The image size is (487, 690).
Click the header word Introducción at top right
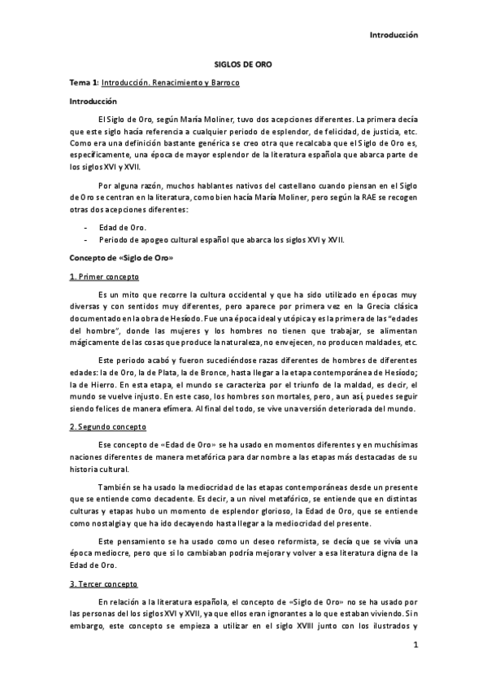point(394,35)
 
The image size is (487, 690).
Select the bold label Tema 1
point(84,84)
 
